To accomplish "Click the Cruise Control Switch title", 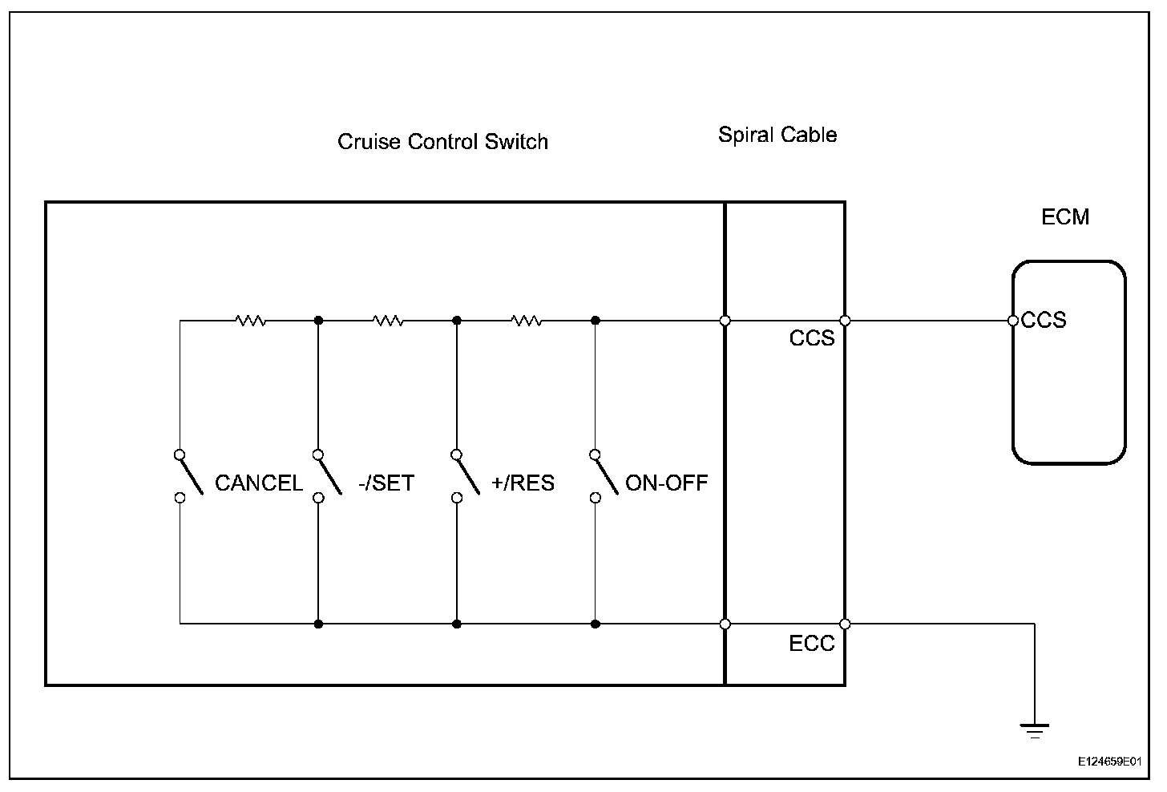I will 442,142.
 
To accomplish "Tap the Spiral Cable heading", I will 777,134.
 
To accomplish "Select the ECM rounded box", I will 1069,385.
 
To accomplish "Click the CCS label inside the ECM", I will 1044,321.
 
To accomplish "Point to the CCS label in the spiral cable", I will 812,338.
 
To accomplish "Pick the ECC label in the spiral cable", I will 812,643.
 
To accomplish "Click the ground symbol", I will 1034,729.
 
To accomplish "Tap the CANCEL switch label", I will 258,483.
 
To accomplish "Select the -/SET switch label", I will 386,483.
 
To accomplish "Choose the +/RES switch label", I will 523,483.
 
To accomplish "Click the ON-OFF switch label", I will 666,483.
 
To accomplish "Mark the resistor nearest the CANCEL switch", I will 250,321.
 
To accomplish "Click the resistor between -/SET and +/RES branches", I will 388,321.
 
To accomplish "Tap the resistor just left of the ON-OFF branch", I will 527,321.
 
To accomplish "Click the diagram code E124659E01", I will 1109,761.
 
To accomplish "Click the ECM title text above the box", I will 1064,216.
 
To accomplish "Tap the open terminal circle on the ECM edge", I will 1013,321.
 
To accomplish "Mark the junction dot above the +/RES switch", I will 457,321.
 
